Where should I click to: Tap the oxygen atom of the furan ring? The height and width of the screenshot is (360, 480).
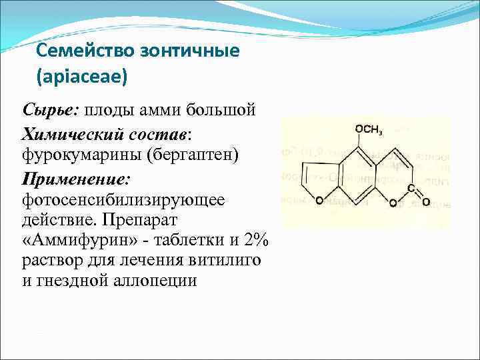pos(319,200)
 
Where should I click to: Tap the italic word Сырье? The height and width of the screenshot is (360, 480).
pos(45,108)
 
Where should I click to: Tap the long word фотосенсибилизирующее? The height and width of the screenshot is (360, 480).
pos(123,199)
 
